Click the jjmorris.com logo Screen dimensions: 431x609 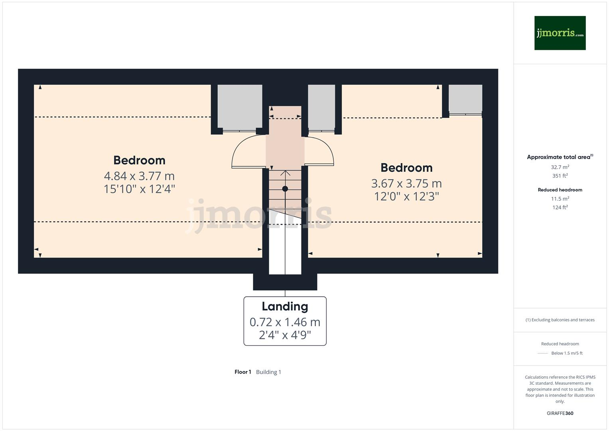coord(560,33)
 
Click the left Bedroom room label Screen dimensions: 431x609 coord(139,160)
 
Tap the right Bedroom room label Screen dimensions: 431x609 coord(406,168)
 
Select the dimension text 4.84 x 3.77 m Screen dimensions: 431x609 coord(139,176)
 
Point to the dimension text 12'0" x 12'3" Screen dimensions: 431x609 coord(406,196)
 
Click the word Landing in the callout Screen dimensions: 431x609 coord(285,306)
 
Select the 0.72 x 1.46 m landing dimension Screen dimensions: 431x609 coord(285,322)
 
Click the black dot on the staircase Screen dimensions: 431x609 coord(285,189)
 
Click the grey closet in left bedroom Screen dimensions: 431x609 coord(240,107)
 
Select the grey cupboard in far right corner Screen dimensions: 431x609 coord(465,99)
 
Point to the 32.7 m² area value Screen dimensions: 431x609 coord(560,167)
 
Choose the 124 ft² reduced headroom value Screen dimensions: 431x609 coord(560,207)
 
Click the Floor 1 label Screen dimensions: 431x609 coord(242,372)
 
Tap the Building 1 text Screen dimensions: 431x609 coord(268,372)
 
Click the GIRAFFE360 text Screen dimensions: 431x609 coord(560,413)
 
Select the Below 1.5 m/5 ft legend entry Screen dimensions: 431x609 coord(566,353)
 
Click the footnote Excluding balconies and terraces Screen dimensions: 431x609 coord(560,320)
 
